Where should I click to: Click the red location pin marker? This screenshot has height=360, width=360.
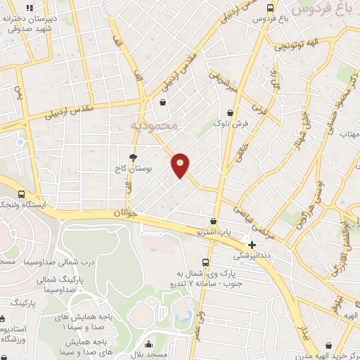181,165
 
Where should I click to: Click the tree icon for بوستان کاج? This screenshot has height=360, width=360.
134,157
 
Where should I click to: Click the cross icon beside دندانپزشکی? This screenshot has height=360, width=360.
252,245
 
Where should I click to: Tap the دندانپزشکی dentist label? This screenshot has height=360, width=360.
252,256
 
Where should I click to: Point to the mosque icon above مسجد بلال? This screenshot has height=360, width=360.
150,345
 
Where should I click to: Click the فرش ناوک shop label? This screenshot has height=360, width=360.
229,124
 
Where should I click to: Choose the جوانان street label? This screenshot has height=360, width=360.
118,212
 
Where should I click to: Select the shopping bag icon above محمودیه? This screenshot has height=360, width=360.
163,102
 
